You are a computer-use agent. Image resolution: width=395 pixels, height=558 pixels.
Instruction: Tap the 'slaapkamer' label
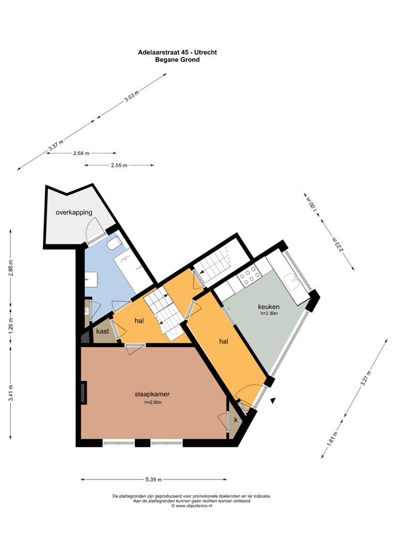[x=153, y=394]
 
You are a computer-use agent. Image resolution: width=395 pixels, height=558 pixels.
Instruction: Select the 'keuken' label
[x=268, y=306]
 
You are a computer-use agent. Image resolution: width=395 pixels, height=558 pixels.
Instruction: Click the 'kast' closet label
[x=103, y=331]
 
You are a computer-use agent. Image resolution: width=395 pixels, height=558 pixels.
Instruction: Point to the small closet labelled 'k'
[x=236, y=420]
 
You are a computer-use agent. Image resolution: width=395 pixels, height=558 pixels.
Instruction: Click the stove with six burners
[x=250, y=278]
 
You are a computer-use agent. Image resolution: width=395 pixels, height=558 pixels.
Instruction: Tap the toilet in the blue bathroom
[x=114, y=244]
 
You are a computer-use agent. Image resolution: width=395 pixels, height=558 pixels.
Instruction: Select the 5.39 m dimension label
[x=153, y=479]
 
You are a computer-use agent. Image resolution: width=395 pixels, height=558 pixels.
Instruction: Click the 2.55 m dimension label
[x=119, y=165]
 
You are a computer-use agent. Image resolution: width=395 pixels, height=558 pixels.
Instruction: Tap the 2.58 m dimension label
[x=81, y=153]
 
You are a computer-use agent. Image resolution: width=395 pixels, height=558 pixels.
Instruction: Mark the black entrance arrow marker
[x=273, y=399]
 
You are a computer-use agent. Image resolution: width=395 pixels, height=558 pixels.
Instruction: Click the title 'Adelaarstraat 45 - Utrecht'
[x=177, y=52]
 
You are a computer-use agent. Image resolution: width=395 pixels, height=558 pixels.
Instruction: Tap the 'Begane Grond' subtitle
[x=177, y=59]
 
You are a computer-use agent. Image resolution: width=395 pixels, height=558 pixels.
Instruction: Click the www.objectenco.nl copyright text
[x=191, y=505]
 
